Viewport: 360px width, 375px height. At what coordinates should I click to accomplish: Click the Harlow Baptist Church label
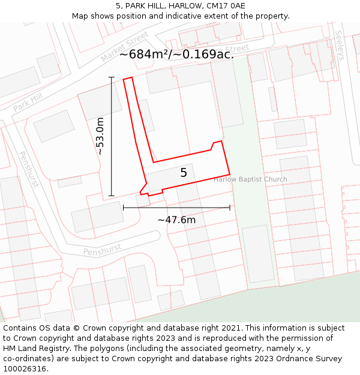tap(250, 179)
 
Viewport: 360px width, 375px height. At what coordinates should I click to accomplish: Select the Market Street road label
tap(124, 46)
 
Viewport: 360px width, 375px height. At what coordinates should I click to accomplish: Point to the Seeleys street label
tap(340, 45)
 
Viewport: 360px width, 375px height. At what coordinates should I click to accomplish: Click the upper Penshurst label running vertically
tap(28, 169)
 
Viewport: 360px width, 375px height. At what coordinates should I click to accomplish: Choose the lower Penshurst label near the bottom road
tap(102, 249)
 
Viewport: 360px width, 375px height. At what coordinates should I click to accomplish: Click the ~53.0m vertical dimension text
tap(100, 136)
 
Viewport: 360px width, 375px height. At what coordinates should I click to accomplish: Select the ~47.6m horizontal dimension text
tap(176, 220)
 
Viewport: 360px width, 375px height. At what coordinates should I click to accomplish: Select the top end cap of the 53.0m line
tap(111, 77)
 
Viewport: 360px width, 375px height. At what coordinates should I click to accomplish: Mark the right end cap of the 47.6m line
tap(230, 208)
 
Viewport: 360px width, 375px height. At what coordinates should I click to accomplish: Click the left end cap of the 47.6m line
tap(123, 208)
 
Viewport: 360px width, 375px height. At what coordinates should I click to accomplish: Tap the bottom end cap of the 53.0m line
tap(111, 196)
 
